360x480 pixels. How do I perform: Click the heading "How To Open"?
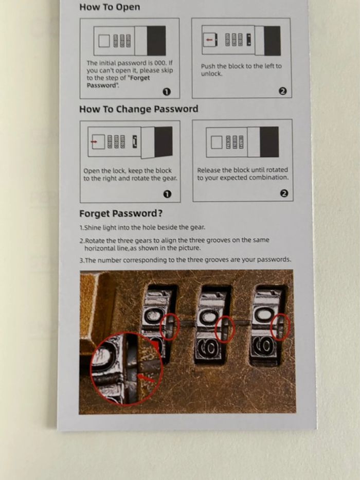point(110,7)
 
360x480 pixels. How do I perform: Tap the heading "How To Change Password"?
point(139,109)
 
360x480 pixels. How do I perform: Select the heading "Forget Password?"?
point(121,214)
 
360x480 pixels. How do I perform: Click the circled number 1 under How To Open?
point(167,92)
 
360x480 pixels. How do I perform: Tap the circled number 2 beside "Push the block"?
point(282,91)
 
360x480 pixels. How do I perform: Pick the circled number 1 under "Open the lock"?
point(167,194)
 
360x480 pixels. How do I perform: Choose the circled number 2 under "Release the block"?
point(284,193)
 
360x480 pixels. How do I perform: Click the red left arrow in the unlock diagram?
point(209,40)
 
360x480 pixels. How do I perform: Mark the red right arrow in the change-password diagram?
point(94,141)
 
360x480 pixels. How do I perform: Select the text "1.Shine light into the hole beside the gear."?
point(142,227)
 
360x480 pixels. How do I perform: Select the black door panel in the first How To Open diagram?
point(156,41)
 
